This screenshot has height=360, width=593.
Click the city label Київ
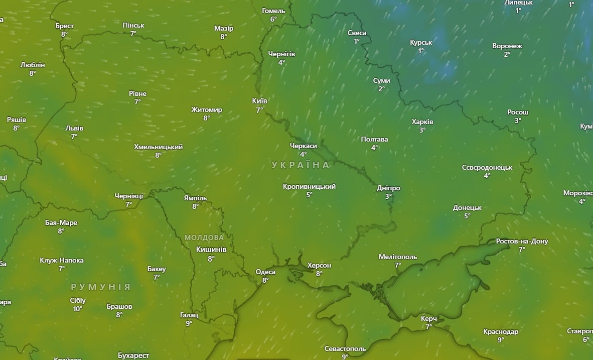click(x=259, y=101)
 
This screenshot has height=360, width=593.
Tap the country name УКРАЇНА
click(x=301, y=165)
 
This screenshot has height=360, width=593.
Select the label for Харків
click(x=422, y=122)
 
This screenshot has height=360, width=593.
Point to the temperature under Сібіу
click(x=78, y=309)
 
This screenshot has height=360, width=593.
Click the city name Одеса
click(x=265, y=272)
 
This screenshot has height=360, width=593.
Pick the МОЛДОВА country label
click(x=204, y=237)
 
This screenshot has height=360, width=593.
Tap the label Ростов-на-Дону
click(x=522, y=241)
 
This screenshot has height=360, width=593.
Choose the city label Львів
click(x=74, y=128)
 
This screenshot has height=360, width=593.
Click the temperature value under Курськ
click(x=421, y=51)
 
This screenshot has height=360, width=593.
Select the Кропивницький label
click(x=309, y=186)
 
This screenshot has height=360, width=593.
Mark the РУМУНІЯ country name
click(x=100, y=287)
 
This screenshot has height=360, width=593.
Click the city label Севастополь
click(x=345, y=348)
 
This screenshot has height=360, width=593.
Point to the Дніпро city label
click(x=388, y=188)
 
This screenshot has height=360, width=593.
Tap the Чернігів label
click(x=281, y=54)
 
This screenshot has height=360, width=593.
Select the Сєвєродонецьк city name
click(x=487, y=167)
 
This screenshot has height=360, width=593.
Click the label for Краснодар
click(x=501, y=331)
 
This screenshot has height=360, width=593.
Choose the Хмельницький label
click(x=158, y=147)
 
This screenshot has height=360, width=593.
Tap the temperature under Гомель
click(x=273, y=19)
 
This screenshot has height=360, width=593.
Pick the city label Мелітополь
click(x=397, y=257)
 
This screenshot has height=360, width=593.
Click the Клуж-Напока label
click(x=62, y=260)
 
